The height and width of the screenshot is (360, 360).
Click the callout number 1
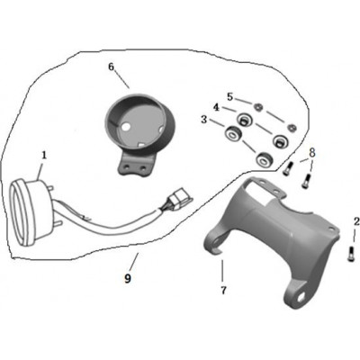(44, 156)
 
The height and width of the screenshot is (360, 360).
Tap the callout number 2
(356, 222)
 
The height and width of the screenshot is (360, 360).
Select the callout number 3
(204, 120)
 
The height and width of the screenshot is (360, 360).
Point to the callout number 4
(216, 107)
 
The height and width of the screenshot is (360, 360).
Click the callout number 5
(229, 97)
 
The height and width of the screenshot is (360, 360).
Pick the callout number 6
(112, 67)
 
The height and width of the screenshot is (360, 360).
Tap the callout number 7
(223, 290)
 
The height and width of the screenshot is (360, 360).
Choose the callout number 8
(312, 153)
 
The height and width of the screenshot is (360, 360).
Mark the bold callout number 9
(128, 279)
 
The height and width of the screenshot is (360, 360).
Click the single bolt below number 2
(351, 254)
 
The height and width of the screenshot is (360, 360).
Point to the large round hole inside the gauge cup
(126, 127)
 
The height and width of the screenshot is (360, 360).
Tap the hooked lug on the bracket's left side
(216, 241)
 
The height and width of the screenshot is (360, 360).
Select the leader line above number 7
(222, 272)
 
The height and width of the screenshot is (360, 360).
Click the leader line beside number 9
(134, 260)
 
